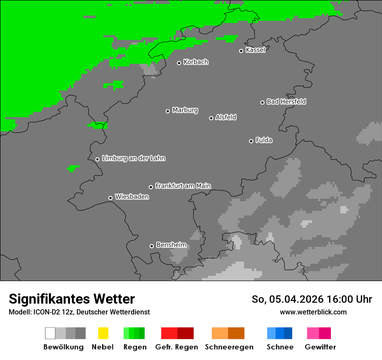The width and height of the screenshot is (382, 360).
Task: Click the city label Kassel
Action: [x=255, y=50]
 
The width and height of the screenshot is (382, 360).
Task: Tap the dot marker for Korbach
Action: [x=179, y=63]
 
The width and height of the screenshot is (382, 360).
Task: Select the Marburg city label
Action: [x=185, y=110]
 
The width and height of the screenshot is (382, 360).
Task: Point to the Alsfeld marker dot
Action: [x=211, y=118]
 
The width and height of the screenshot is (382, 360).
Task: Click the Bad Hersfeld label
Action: [x=286, y=101]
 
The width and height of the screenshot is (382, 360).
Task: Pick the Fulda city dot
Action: [x=251, y=141]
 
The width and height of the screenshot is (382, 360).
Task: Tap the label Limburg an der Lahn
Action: [x=133, y=158]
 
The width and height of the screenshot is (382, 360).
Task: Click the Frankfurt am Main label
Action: [x=183, y=186]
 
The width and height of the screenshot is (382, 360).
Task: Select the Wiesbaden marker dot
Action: [x=110, y=198]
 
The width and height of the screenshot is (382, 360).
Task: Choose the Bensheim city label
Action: [x=171, y=245]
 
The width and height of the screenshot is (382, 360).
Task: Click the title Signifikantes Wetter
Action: [x=72, y=299]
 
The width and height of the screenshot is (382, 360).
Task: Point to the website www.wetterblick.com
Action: [x=313, y=312]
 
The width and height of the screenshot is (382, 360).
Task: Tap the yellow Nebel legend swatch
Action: [x=103, y=333]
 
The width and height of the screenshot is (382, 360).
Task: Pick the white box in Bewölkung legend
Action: [x=50, y=333]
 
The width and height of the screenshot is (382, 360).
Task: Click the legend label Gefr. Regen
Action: [x=177, y=347]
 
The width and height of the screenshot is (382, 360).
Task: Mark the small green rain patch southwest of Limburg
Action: [x=72, y=168]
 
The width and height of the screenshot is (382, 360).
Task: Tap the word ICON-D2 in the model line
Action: [x=43, y=312]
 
